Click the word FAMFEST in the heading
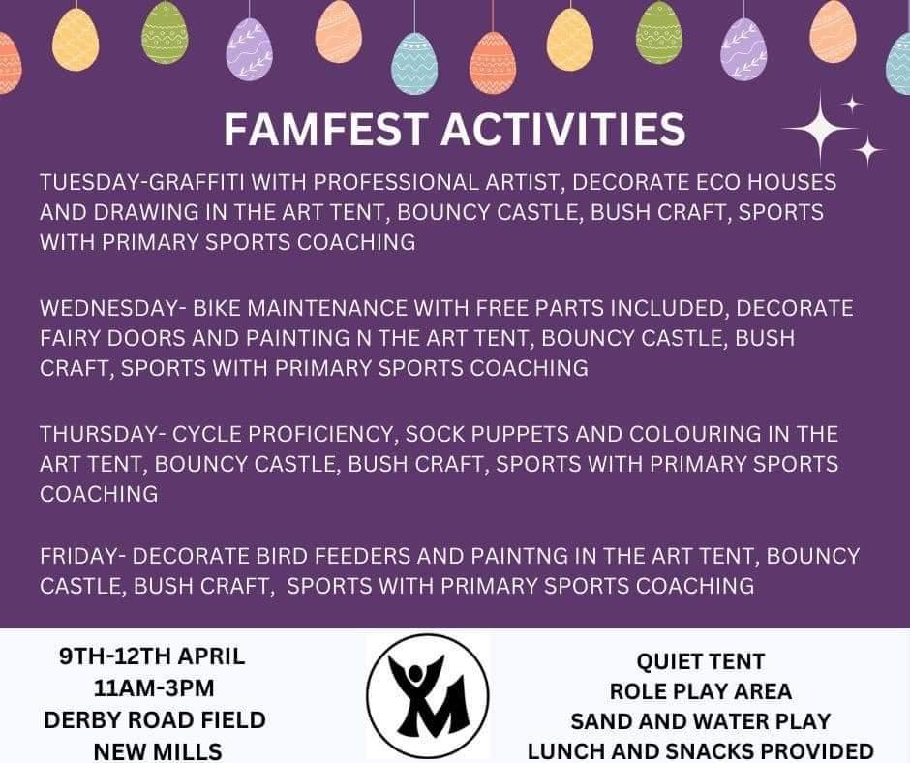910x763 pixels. [326, 129]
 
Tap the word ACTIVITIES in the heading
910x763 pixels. [563, 129]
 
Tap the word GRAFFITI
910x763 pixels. [197, 182]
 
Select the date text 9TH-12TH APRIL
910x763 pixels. [153, 656]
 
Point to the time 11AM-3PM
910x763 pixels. [154, 688]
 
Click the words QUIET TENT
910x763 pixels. [701, 661]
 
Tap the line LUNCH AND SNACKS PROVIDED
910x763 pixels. [701, 750]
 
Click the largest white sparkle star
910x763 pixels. [820, 128]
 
